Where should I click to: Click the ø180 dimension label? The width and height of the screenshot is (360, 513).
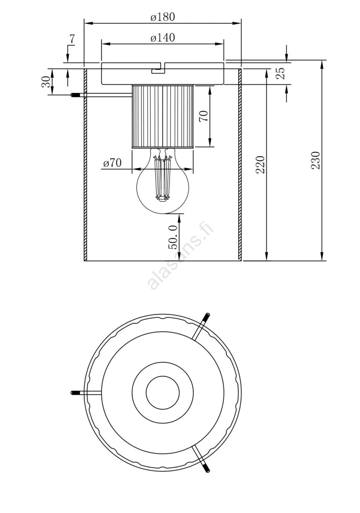[163, 17]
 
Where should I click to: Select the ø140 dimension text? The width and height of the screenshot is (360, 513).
[163, 38]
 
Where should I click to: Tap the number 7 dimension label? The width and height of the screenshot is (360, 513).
[72, 39]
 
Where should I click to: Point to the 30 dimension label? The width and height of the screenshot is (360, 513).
[46, 82]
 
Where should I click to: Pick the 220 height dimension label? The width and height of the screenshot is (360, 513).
[260, 165]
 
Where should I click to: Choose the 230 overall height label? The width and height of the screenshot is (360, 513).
[315, 160]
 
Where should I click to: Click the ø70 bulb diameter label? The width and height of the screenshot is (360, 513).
[112, 164]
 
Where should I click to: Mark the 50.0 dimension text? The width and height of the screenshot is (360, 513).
[173, 237]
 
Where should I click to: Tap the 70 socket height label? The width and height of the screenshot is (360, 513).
[204, 116]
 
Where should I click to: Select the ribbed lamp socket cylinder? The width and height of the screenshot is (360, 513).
[163, 117]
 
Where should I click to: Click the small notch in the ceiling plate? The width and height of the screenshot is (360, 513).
[159, 68]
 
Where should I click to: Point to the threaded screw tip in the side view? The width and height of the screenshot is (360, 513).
[74, 95]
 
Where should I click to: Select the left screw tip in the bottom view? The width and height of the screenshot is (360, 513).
[74, 393]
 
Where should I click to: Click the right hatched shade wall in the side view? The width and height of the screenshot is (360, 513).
[240, 164]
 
